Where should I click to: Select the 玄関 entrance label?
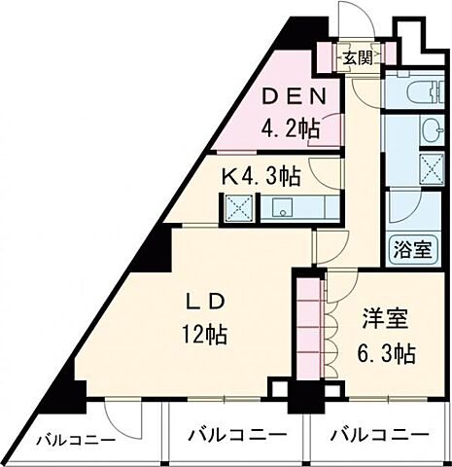(x=357, y=57)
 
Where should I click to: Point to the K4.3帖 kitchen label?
(x=261, y=177)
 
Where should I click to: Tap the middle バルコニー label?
(x=237, y=435)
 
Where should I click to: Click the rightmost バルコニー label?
(x=378, y=435)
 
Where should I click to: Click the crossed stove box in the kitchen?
(x=238, y=207)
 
